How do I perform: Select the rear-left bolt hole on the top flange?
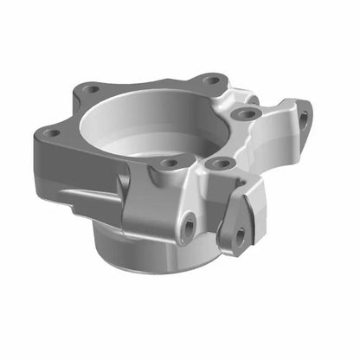pyautogui.click(x=90, y=88)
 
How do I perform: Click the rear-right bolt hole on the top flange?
pyautogui.click(x=210, y=80)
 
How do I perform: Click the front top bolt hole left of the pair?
pyautogui.click(x=170, y=162)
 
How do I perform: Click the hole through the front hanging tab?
pyautogui.click(x=235, y=233)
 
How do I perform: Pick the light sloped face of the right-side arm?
pyautogui.click(x=277, y=138)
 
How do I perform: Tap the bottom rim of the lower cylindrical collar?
pyautogui.click(x=147, y=270)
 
